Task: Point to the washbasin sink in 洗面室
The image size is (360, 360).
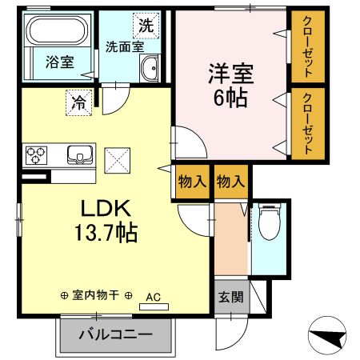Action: pyautogui.click(x=149, y=71)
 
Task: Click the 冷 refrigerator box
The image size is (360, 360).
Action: pyautogui.click(x=79, y=102)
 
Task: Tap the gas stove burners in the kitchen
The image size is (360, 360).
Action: pyautogui.click(x=37, y=154)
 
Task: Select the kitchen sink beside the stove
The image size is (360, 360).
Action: pyautogui.click(x=80, y=154)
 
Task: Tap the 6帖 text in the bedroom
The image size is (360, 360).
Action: pyautogui.click(x=231, y=99)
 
